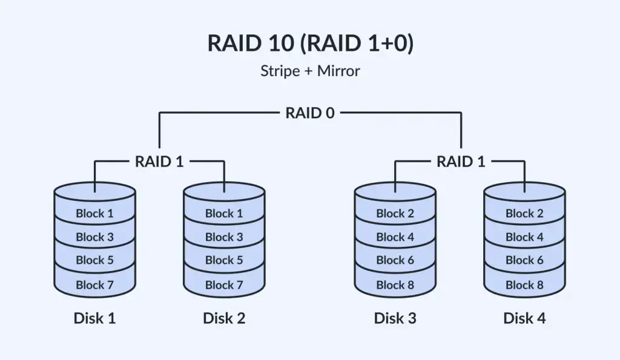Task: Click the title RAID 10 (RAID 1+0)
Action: click(x=311, y=43)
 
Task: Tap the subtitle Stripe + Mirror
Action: click(x=311, y=71)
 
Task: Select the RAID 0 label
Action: click(x=310, y=113)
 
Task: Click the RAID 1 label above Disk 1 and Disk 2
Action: click(x=159, y=162)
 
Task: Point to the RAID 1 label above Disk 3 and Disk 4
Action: click(x=461, y=162)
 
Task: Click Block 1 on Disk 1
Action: click(x=94, y=214)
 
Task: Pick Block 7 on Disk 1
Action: click(x=94, y=285)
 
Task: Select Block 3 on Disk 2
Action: click(x=224, y=237)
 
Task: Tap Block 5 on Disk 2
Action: click(x=224, y=260)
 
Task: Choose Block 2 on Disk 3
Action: click(x=395, y=214)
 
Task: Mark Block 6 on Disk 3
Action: click(x=395, y=260)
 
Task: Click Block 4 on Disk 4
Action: click(x=524, y=237)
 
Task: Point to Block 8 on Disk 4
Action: click(x=524, y=285)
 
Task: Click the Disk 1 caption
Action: click(x=94, y=318)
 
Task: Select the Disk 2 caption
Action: click(x=224, y=318)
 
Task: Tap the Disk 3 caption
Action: click(x=395, y=318)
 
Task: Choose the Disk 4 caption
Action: click(x=524, y=318)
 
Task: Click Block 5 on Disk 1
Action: click(x=94, y=260)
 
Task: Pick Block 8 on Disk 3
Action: click(x=395, y=285)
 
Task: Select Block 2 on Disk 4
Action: click(x=524, y=214)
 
